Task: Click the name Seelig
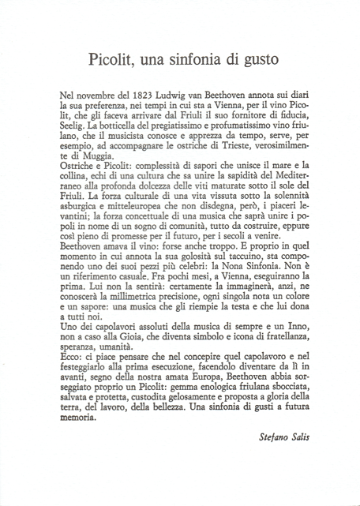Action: [76, 126]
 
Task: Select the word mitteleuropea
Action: [140, 216]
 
